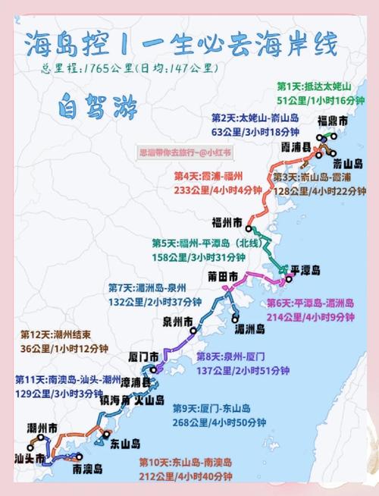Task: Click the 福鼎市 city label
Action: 333,121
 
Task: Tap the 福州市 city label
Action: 227,222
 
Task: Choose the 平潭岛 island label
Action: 306,270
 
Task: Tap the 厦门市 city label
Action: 143,356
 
